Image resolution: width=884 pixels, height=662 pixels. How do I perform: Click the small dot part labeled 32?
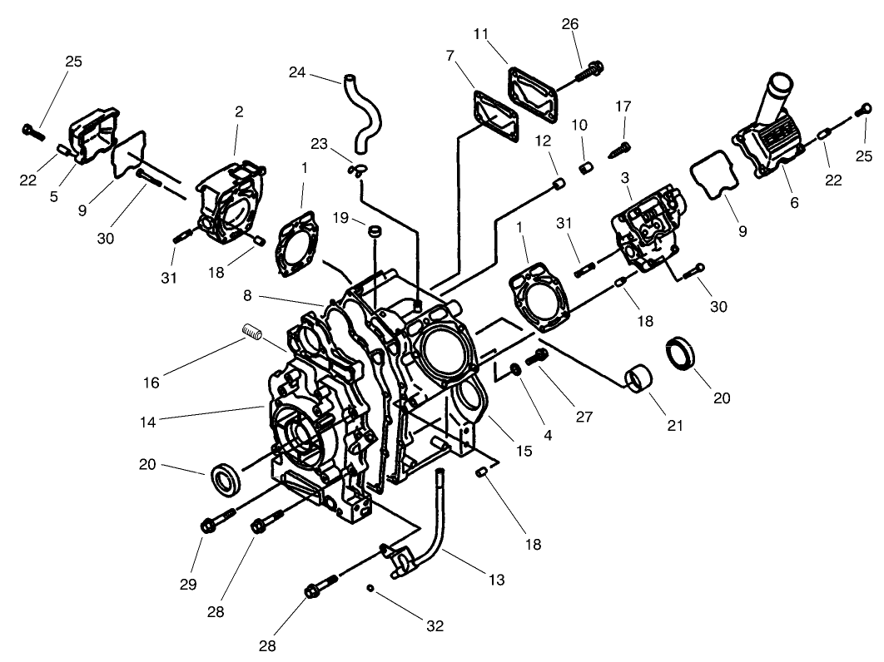tap(370, 589)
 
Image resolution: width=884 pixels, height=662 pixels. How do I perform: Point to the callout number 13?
tap(496, 580)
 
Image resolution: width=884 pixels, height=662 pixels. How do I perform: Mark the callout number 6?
tap(794, 202)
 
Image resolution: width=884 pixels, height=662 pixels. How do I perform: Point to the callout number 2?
tap(239, 111)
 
